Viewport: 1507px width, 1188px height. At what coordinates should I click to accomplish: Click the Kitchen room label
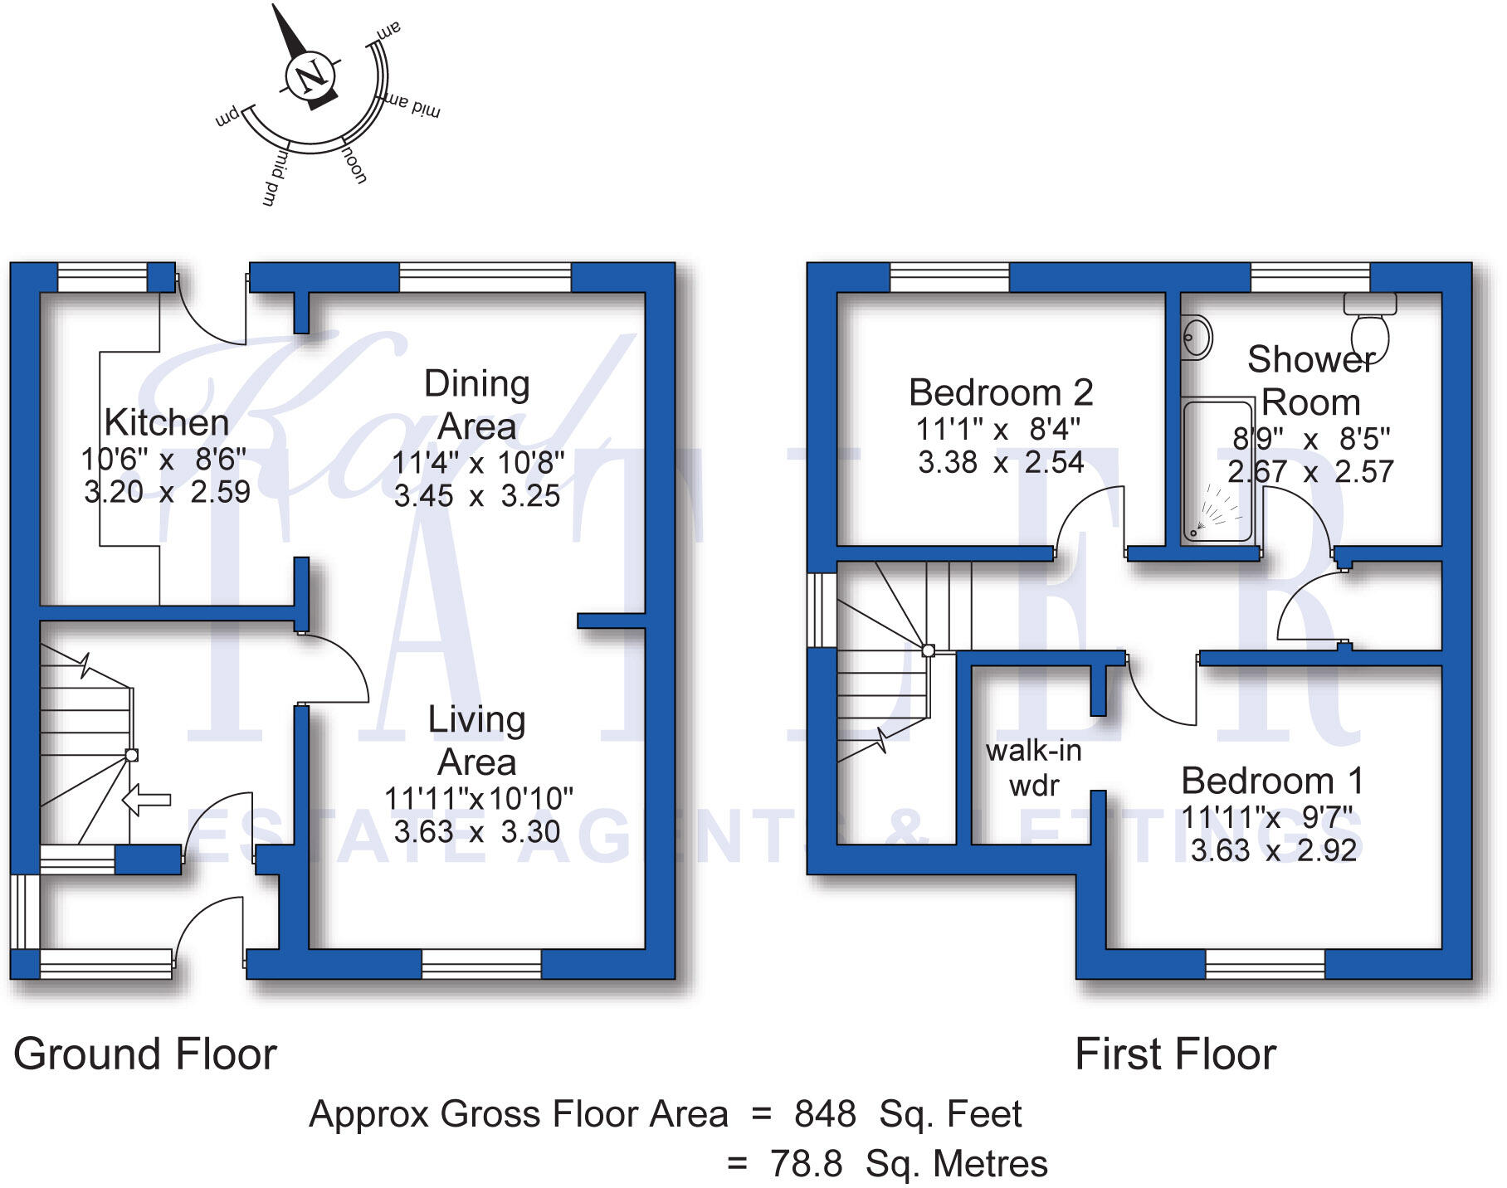click(x=167, y=422)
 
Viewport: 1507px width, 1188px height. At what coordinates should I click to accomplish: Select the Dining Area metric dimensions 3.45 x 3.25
click(x=476, y=496)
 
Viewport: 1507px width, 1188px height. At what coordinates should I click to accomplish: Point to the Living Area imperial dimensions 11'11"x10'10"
click(x=478, y=798)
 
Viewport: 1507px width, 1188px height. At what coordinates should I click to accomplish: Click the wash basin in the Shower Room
click(x=1196, y=338)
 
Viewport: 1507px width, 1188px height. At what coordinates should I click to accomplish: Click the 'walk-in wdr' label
click(x=1033, y=767)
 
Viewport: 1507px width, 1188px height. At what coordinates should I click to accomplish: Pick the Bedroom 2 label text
click(x=1001, y=392)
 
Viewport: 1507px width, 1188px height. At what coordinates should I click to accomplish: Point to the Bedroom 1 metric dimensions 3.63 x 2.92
click(x=1273, y=850)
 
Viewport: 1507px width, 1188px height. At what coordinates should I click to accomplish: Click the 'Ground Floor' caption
click(x=145, y=1054)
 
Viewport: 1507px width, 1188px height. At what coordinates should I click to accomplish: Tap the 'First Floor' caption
click(x=1175, y=1054)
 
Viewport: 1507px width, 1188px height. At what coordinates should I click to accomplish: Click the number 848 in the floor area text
click(x=825, y=1114)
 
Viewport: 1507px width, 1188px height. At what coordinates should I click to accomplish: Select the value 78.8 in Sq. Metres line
click(x=806, y=1164)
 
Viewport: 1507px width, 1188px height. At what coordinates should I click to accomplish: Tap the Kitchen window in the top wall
click(x=102, y=278)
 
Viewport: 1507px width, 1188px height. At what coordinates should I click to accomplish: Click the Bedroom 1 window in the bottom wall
click(x=1265, y=963)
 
